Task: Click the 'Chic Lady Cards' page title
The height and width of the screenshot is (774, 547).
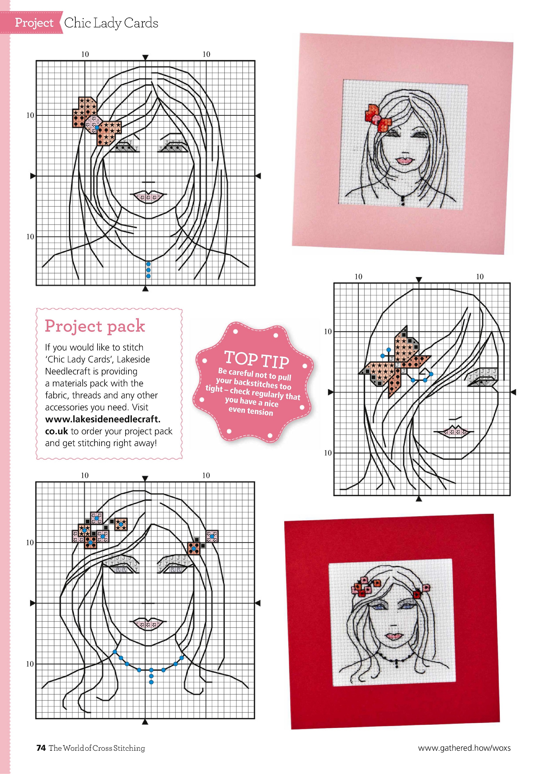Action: [111, 23]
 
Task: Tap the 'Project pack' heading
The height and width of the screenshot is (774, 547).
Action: [95, 326]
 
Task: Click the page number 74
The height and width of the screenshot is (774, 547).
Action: [41, 748]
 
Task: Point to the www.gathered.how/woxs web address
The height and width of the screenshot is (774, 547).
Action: [464, 748]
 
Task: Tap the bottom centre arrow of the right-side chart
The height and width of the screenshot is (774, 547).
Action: [419, 499]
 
